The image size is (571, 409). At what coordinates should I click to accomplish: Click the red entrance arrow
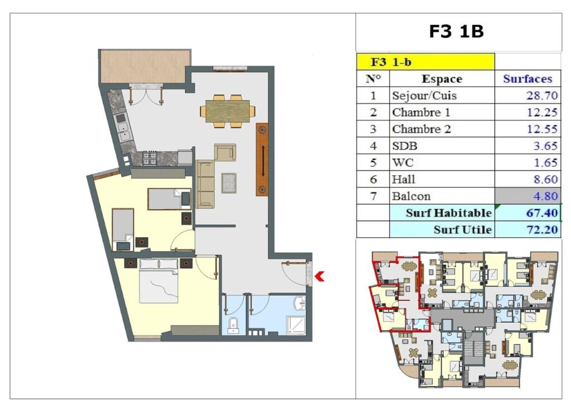(x=320, y=276)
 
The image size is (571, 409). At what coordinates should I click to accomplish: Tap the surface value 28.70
(x=542, y=95)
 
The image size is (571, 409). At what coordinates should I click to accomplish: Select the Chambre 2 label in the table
(x=422, y=129)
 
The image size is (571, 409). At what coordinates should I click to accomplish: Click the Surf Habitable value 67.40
(x=542, y=212)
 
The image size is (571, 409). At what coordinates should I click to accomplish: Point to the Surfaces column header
(x=528, y=79)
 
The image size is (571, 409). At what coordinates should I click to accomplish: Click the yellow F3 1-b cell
(x=425, y=61)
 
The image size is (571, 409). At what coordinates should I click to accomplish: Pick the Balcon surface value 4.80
(x=545, y=196)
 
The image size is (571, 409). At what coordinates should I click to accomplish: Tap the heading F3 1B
(x=456, y=31)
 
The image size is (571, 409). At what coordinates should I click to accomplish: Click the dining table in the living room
(x=228, y=111)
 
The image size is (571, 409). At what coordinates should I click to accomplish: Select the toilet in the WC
(x=233, y=325)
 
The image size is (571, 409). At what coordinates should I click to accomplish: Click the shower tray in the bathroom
(x=296, y=325)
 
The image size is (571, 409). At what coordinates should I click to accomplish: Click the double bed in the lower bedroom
(x=159, y=280)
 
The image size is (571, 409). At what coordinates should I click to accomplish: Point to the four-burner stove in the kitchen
(x=149, y=158)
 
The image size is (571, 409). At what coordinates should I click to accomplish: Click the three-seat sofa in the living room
(x=205, y=184)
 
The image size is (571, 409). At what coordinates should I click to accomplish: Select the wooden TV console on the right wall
(x=262, y=159)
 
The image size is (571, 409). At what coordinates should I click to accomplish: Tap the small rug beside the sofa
(x=229, y=183)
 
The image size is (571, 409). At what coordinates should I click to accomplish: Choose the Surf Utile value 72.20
(x=542, y=230)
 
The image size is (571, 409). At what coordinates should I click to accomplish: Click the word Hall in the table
(x=404, y=179)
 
